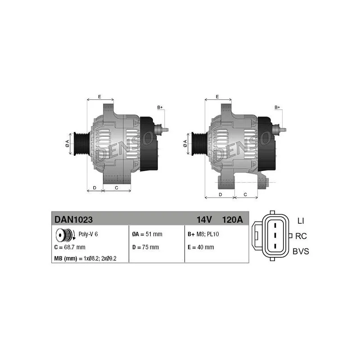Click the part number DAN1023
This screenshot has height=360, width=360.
(73, 220)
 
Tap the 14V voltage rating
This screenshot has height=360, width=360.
(204, 220)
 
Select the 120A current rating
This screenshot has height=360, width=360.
(232, 220)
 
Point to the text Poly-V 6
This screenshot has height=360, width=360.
(88, 234)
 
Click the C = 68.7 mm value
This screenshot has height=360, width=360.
(70, 247)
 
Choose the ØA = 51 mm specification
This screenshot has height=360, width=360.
(147, 234)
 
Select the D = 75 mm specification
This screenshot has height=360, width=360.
(145, 247)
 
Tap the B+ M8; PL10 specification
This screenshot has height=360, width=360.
(203, 234)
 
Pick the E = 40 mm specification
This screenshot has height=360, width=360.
(201, 247)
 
